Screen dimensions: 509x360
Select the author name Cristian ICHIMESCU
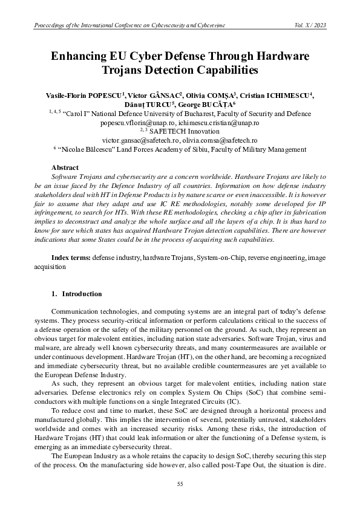278,96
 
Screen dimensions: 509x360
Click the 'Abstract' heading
65,167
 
